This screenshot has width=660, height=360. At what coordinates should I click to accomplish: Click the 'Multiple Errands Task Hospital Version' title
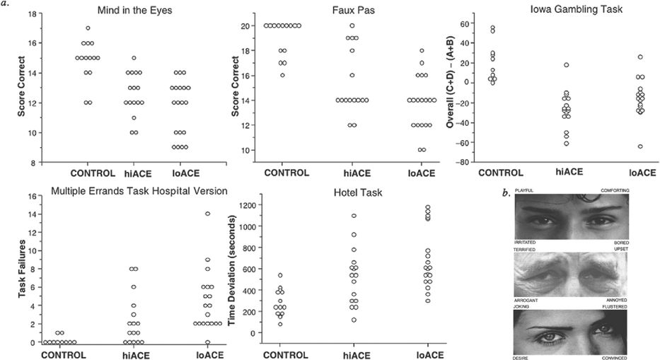coord(139,191)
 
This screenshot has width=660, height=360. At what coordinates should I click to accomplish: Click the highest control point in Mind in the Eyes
coord(88,28)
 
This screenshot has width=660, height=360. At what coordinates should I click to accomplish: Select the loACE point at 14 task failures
coord(208,214)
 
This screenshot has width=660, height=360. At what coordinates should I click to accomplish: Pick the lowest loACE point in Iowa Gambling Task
coord(639,146)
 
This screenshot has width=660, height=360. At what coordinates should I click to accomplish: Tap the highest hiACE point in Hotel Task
coord(354,216)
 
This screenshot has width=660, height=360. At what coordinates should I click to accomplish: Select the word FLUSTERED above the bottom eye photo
coord(613,306)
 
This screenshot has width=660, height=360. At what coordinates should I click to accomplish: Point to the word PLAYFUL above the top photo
coord(525,191)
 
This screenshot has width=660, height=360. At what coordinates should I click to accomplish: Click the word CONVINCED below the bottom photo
coord(613,358)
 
